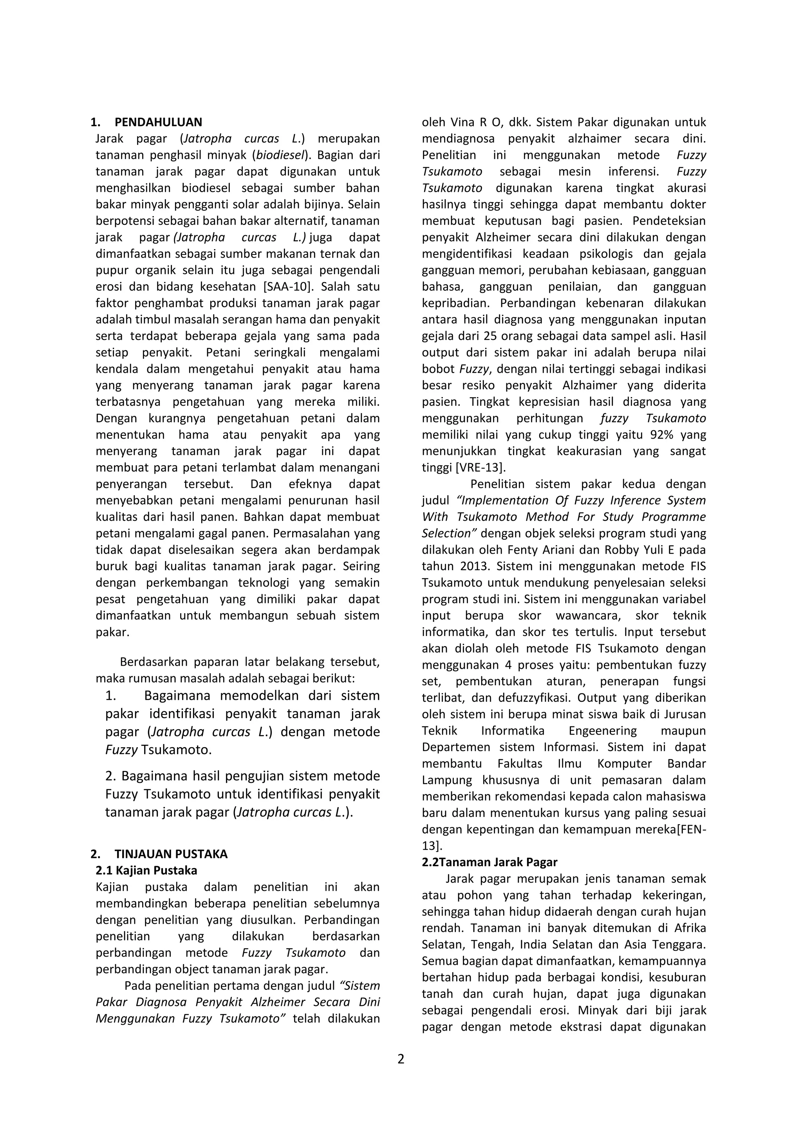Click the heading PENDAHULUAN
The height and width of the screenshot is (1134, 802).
(158, 122)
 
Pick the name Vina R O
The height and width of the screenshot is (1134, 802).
(474, 122)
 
